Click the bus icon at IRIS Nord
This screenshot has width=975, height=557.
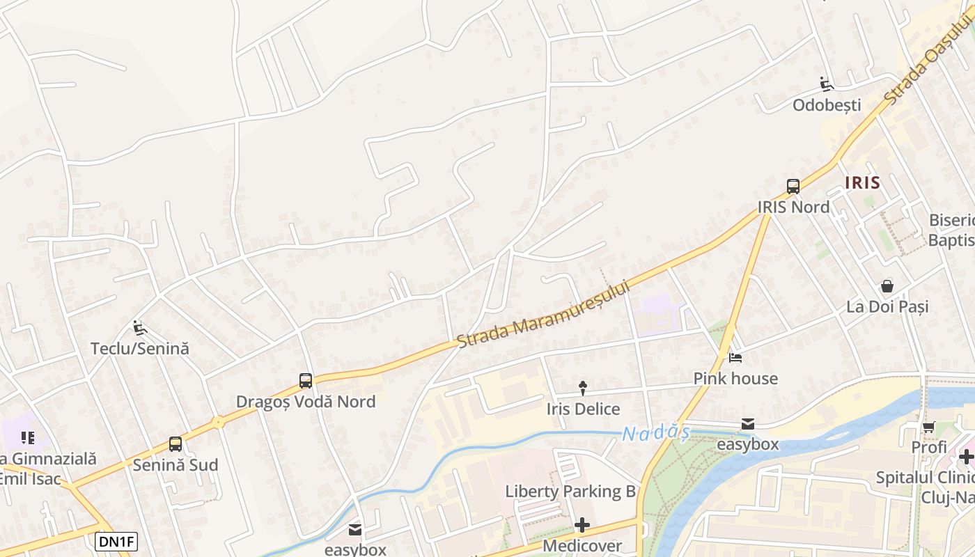pos(793,186)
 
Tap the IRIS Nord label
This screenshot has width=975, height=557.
pos(793,207)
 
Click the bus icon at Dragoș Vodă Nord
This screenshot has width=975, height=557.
pos(306,380)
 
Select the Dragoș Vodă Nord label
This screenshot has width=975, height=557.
pos(306,402)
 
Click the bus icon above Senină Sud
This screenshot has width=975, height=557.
pos(175,444)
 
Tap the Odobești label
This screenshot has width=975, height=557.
pos(827,105)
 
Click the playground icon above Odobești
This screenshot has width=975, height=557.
pos(827,85)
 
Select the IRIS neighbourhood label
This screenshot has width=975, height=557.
pos(862,183)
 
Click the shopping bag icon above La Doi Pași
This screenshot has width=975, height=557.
pos(887,285)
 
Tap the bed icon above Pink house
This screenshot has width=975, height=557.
pos(735,359)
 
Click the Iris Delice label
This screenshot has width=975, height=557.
pos(583,409)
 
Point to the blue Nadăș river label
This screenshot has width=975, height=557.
pos(655,434)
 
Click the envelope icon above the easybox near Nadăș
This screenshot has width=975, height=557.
pos(748,423)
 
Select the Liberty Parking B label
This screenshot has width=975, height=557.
pos(570,492)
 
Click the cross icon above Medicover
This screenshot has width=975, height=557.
pos(582,524)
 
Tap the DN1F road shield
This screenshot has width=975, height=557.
pos(116,542)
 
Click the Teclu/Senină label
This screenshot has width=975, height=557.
pos(139,348)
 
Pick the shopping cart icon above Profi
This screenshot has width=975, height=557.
pos(928,427)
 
